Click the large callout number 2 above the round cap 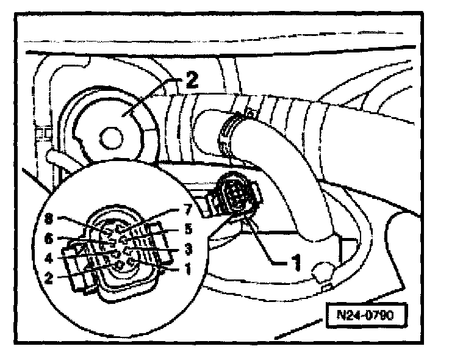pyautogui.click(x=192, y=81)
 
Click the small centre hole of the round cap pyautogui.click(x=112, y=138)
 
